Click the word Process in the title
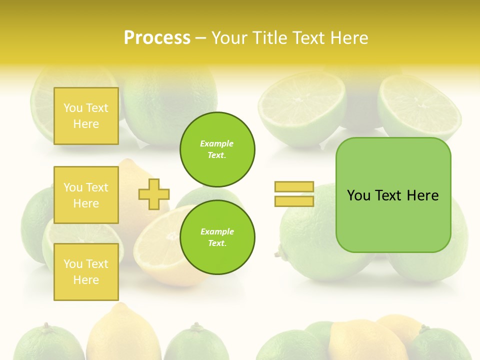point(157,38)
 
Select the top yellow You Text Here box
point(86,116)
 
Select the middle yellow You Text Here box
point(86,195)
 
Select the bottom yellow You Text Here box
point(86,272)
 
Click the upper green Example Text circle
point(217,149)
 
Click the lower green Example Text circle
point(217,237)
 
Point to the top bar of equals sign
point(294,187)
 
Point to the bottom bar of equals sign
point(294,201)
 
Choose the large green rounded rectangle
point(393,220)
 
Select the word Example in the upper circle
point(217,144)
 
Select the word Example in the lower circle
point(217,232)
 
